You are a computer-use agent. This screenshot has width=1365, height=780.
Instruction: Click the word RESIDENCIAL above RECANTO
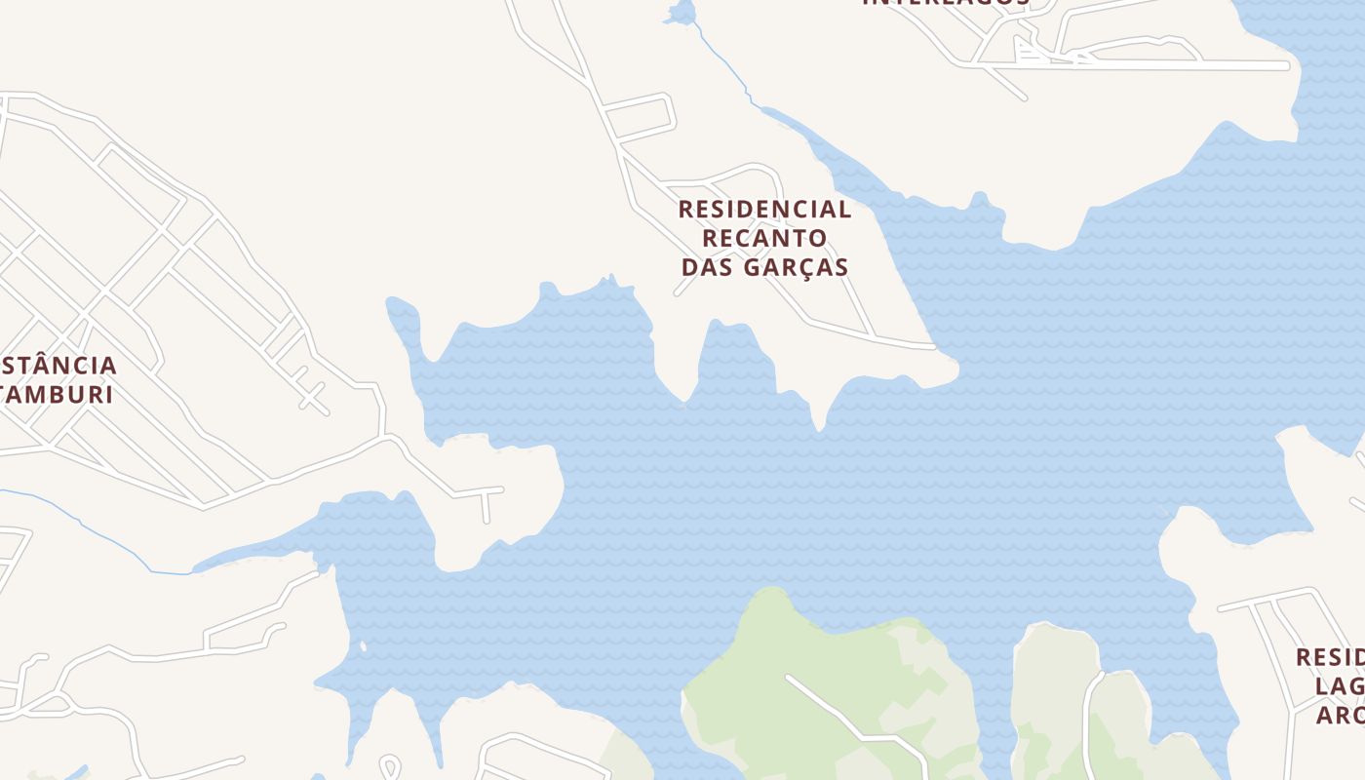[x=764, y=210]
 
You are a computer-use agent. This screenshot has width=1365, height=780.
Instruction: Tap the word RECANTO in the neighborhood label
[x=764, y=238]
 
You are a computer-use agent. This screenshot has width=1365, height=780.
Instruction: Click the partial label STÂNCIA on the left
[x=58, y=366]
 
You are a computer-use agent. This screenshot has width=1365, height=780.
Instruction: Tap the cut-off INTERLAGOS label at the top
[x=946, y=3]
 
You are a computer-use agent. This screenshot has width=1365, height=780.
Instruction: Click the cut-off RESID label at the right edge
[x=1330, y=657]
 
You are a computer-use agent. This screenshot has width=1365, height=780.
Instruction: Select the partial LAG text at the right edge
[x=1340, y=686]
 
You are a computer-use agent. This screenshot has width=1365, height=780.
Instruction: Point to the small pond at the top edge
[x=680, y=13]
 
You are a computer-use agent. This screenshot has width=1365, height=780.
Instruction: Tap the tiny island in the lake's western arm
[x=362, y=645]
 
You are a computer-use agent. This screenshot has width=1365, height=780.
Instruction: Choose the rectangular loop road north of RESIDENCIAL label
[x=639, y=117]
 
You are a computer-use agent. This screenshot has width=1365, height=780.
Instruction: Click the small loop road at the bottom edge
[x=390, y=766]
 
